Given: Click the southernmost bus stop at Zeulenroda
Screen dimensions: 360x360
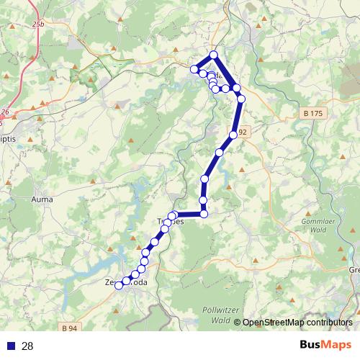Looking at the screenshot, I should (x=119, y=286).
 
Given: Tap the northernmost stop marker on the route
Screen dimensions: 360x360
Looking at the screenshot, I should (x=214, y=55).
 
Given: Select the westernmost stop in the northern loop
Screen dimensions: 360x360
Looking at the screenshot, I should (x=194, y=69).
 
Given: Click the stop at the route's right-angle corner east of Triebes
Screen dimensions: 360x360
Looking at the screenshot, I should (x=204, y=213).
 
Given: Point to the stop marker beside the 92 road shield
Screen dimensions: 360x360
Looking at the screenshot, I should (x=233, y=135).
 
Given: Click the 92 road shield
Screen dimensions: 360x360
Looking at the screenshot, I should (x=243, y=132).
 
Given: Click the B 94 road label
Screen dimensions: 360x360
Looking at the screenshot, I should (x=70, y=328).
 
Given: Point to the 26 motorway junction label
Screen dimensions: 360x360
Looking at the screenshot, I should (x=5, y=112).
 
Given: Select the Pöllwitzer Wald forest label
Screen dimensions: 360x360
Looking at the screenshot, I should (x=212, y=315).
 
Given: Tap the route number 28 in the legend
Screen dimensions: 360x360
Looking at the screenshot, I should (x=27, y=346).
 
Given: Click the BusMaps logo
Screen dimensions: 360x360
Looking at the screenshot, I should (x=325, y=345).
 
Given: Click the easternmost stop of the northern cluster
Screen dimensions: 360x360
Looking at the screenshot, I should (x=242, y=98).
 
